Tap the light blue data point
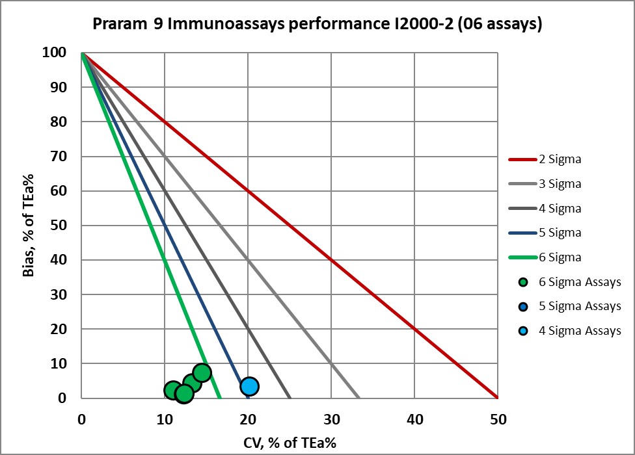click(249, 386)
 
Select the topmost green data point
click(202, 372)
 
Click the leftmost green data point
click(172, 390)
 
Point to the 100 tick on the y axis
click(58, 53)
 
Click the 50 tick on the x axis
click(498, 419)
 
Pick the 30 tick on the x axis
click(331, 419)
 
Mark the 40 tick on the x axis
click(414, 419)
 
